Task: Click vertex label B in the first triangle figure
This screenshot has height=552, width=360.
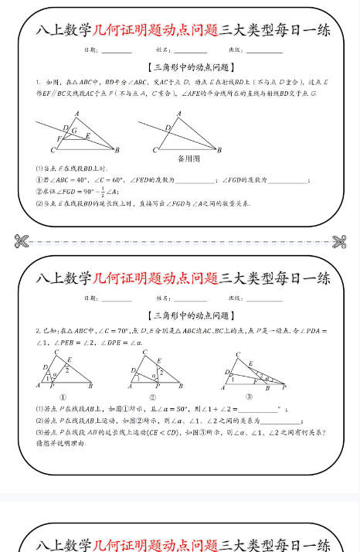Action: coord(117,150)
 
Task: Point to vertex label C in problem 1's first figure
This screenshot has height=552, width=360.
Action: coord(53,150)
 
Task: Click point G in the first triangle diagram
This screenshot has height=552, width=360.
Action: coord(74,131)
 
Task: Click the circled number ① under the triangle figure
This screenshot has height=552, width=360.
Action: coord(62,397)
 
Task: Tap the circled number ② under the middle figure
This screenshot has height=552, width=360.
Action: coord(153,397)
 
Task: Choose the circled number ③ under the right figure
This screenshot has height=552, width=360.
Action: coord(249,397)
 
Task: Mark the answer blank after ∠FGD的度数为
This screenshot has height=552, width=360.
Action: coord(287,180)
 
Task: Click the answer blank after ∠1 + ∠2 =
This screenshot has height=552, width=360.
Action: coord(260,410)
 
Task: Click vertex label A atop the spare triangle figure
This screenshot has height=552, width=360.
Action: coord(179,113)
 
